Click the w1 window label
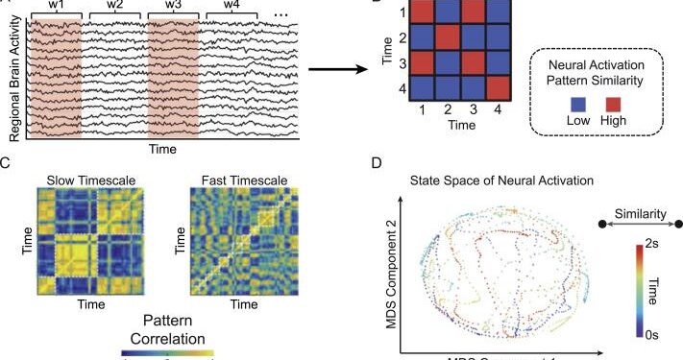tap(56, 6)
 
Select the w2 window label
tap(114, 6)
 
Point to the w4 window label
tap(232, 6)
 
